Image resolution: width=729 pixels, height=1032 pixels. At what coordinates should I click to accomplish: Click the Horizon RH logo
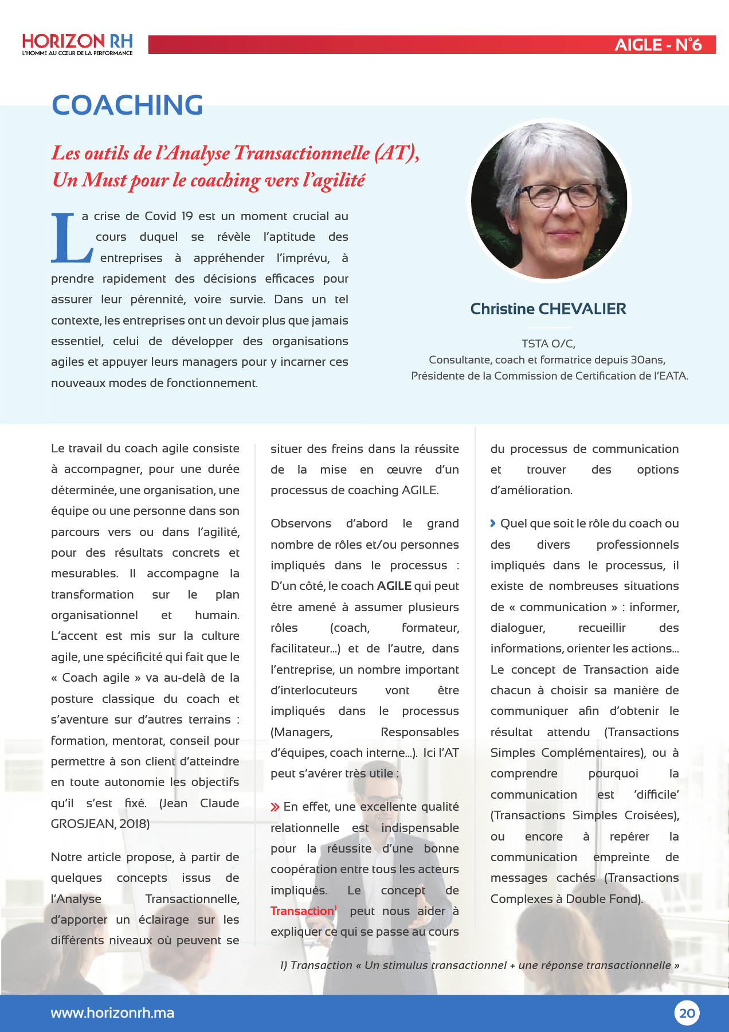[77, 44]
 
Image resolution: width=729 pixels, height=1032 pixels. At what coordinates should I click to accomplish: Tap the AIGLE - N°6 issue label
[658, 45]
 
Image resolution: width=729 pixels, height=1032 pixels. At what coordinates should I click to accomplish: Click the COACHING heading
[127, 105]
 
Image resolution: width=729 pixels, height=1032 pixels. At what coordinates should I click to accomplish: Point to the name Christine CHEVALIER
[548, 309]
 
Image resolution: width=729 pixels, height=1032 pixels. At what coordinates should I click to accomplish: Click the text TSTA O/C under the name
[548, 343]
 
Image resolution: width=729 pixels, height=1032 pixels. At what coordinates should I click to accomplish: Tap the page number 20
[687, 1013]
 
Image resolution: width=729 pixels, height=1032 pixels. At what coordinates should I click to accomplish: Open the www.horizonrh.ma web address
[112, 1013]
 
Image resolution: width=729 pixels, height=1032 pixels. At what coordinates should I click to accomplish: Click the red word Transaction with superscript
[302, 911]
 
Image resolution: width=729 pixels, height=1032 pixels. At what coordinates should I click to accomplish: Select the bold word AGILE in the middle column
[394, 586]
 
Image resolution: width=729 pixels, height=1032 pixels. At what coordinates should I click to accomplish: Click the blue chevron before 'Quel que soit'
[493, 523]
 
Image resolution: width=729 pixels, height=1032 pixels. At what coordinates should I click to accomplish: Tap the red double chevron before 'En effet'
[275, 807]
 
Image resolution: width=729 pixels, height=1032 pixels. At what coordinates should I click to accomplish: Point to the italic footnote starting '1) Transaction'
[479, 965]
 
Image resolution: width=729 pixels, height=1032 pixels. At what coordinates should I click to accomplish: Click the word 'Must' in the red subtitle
[105, 180]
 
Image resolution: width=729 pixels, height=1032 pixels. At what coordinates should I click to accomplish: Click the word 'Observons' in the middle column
[301, 523]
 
